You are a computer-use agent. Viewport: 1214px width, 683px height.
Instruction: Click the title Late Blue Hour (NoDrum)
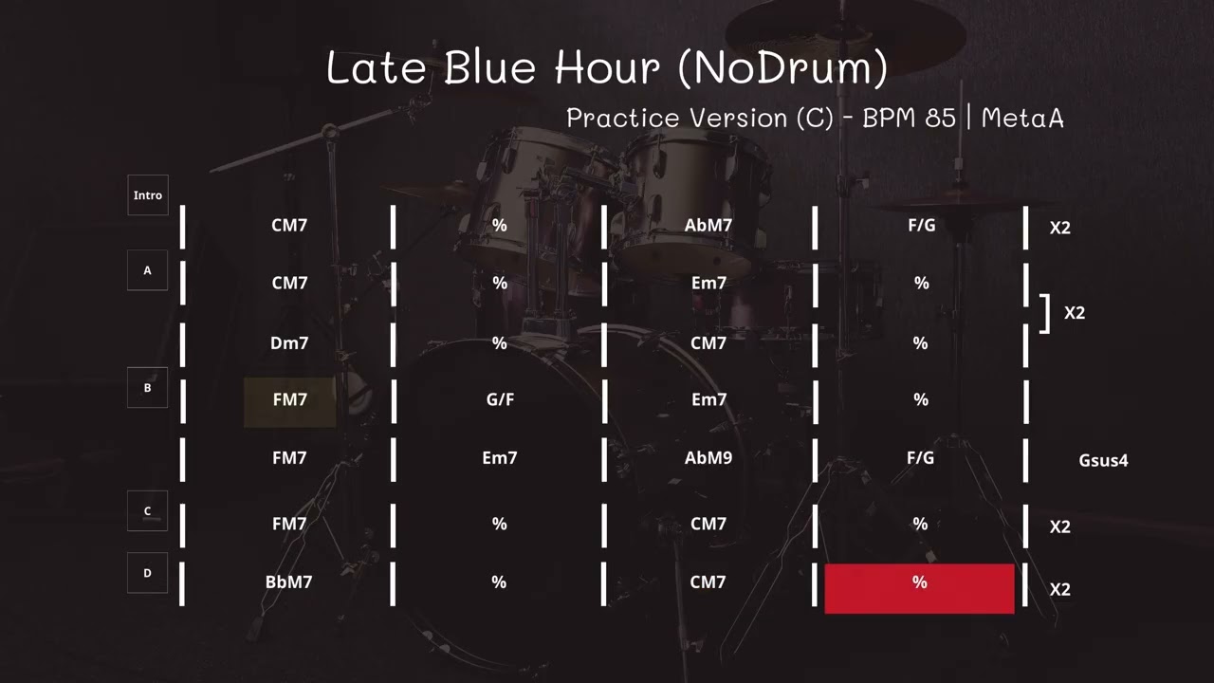pyautogui.click(x=607, y=67)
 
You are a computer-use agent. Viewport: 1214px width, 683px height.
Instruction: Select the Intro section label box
pyautogui.click(x=148, y=195)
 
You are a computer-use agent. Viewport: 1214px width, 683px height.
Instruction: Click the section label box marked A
pyautogui.click(x=147, y=270)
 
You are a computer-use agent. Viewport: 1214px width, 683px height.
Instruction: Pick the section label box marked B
pyautogui.click(x=147, y=388)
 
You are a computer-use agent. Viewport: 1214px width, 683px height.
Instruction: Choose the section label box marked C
pyautogui.click(x=147, y=511)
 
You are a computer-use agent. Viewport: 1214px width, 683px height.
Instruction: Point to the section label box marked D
pyautogui.click(x=147, y=573)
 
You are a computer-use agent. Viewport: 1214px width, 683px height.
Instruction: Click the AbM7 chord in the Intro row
pyautogui.click(x=708, y=226)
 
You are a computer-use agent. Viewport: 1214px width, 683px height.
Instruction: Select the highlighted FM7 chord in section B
pyautogui.click(x=289, y=400)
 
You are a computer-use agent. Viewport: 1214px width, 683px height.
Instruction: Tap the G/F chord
pyautogui.click(x=500, y=400)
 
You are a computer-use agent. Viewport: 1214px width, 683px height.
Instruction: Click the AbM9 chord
pyautogui.click(x=708, y=458)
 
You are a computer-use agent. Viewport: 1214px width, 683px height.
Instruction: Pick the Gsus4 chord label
pyautogui.click(x=1103, y=461)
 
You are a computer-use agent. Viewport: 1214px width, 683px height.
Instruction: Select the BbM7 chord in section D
pyautogui.click(x=288, y=582)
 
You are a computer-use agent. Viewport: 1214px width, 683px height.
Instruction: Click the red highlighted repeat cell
pyautogui.click(x=919, y=588)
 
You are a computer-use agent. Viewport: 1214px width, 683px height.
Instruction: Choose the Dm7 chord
pyautogui.click(x=289, y=343)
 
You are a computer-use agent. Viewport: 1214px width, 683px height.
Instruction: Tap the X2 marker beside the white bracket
pyautogui.click(x=1074, y=313)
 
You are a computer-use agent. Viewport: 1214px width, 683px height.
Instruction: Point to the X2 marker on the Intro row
pyautogui.click(x=1059, y=228)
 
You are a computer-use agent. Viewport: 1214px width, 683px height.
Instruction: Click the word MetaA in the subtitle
pyautogui.click(x=1022, y=118)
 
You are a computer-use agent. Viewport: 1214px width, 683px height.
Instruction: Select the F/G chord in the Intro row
pyautogui.click(x=920, y=226)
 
